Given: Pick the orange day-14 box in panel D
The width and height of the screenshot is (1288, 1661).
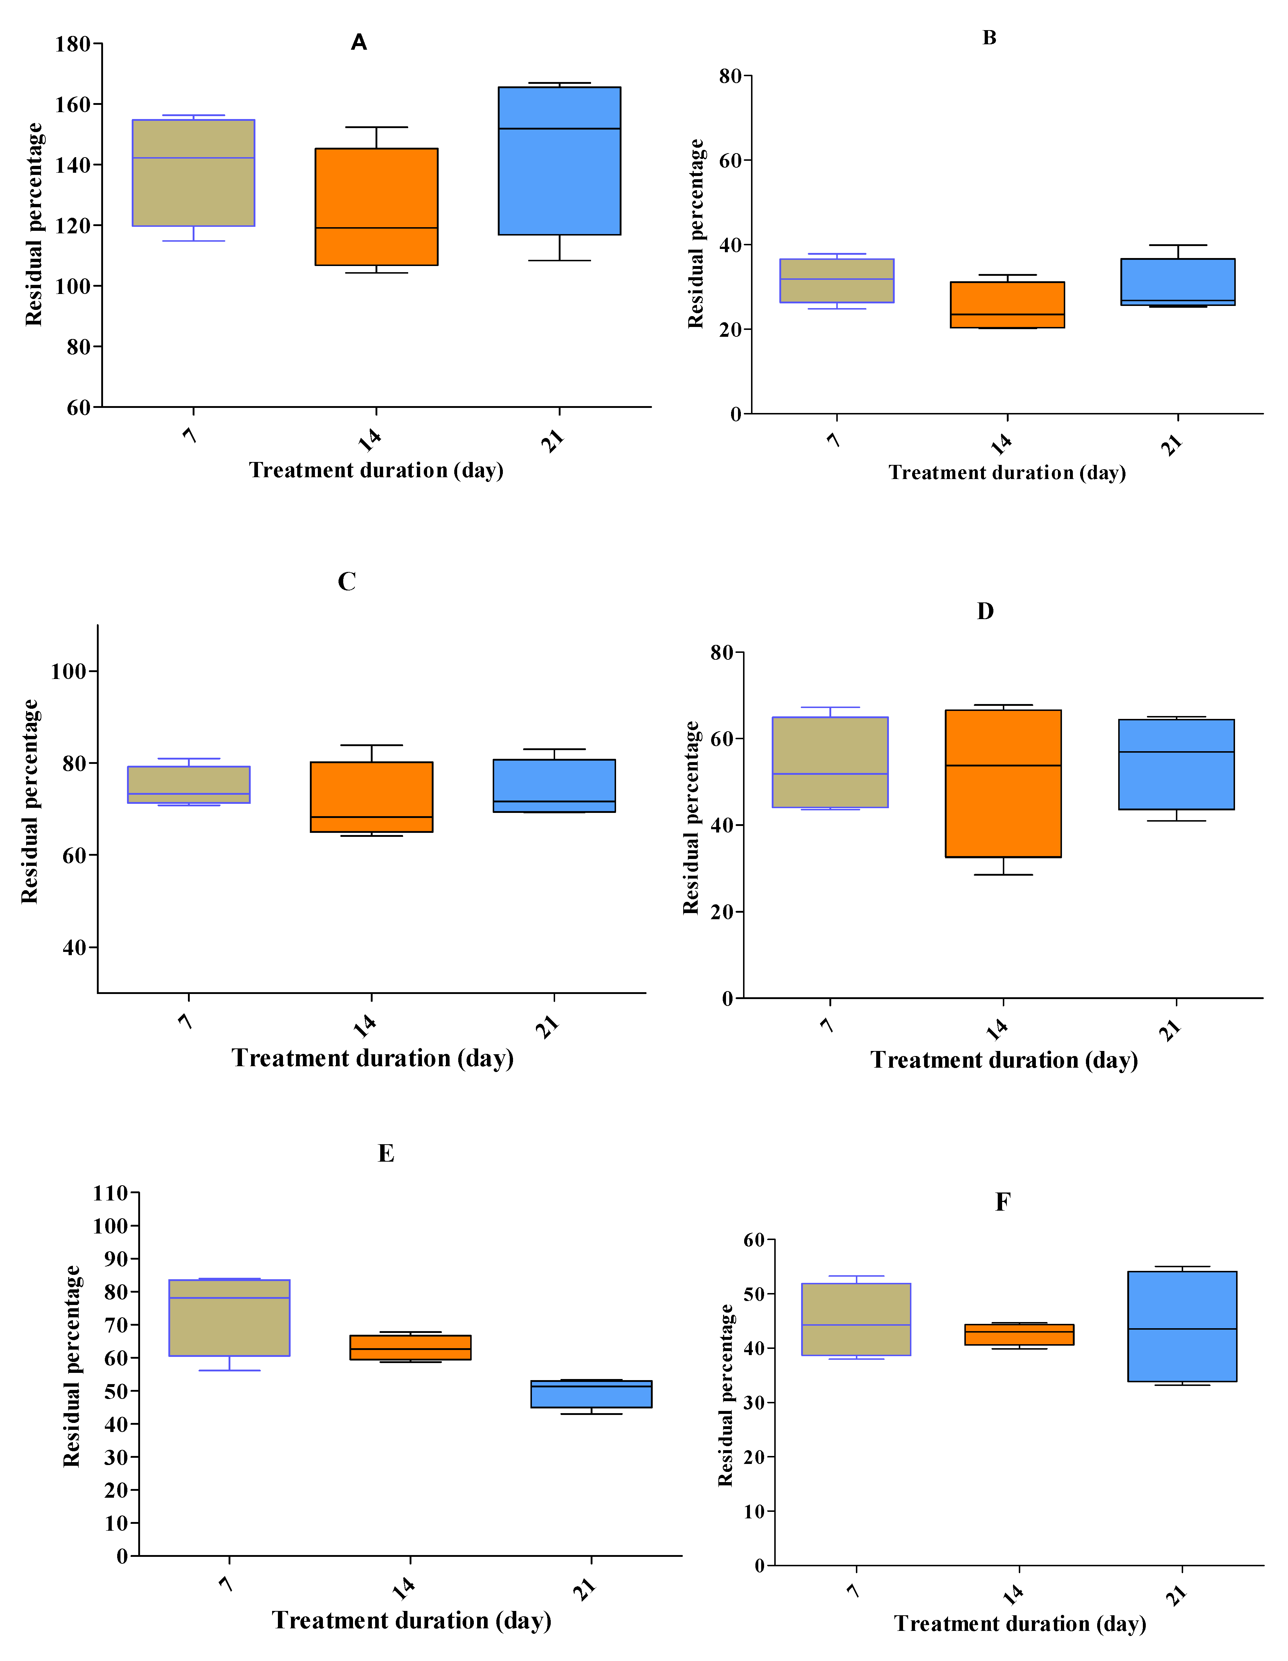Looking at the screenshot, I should [x=1003, y=784].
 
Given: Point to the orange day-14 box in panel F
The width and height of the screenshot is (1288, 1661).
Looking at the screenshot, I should [x=1019, y=1335].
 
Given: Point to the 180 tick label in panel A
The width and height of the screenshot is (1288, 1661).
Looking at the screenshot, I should [x=73, y=44].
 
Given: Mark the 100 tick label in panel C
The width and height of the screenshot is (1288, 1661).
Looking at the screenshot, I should [x=69, y=671].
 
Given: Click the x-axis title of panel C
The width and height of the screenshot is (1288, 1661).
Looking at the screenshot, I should [x=373, y=1058].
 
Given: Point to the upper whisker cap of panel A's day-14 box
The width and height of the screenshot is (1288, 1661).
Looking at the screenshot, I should [x=376, y=127].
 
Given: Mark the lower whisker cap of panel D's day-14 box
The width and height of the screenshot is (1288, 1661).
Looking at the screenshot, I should [x=1003, y=875].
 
